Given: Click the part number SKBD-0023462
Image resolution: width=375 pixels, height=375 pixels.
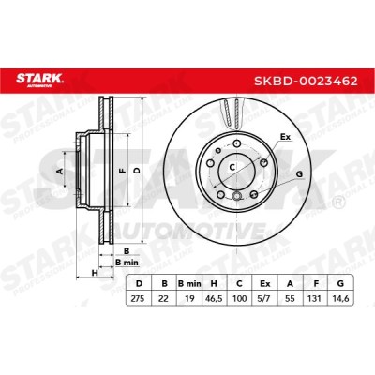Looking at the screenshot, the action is click(306, 82).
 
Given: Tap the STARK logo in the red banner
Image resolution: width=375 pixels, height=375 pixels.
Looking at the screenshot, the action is click(39, 79).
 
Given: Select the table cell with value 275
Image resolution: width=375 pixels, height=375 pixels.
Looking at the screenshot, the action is click(138, 298).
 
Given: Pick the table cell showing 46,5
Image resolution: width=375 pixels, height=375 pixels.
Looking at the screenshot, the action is click(215, 298).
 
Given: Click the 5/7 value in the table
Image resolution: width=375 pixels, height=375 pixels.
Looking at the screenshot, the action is click(265, 298).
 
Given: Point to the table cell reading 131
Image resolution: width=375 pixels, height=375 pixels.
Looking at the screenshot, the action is click(314, 298).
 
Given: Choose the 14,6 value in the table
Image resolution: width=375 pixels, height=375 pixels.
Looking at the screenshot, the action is click(340, 298).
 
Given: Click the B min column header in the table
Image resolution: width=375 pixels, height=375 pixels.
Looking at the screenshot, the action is click(189, 284).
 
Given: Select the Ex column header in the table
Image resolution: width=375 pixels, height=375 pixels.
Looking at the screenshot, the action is click(265, 284).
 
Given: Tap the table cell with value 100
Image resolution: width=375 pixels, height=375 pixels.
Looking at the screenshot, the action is click(240, 298).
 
